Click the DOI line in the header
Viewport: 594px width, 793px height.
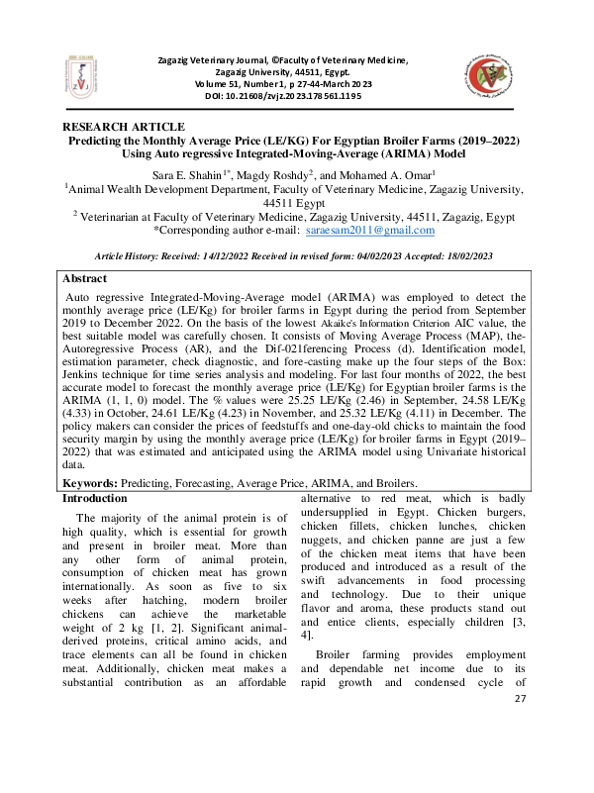[283, 97]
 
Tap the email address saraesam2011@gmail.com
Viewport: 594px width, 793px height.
[370, 230]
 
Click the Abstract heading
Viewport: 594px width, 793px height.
[84, 279]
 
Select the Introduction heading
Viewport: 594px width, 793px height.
[95, 498]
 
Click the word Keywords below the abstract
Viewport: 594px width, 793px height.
[94, 483]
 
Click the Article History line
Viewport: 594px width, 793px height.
[297, 255]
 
